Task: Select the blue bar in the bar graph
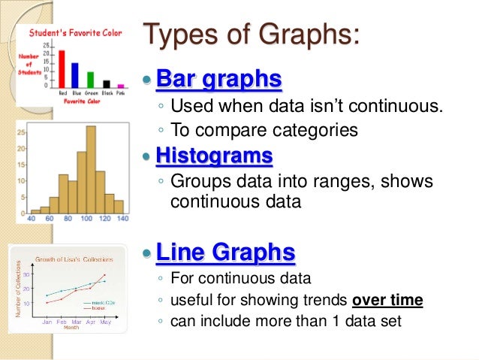pos(75,76)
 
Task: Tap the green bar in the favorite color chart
pos(90,80)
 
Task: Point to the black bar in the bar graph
pos(106,84)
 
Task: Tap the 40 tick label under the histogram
pos(32,219)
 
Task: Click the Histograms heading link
pos(214,156)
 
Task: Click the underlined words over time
pos(387,301)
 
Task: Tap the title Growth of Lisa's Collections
pos(74,259)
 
